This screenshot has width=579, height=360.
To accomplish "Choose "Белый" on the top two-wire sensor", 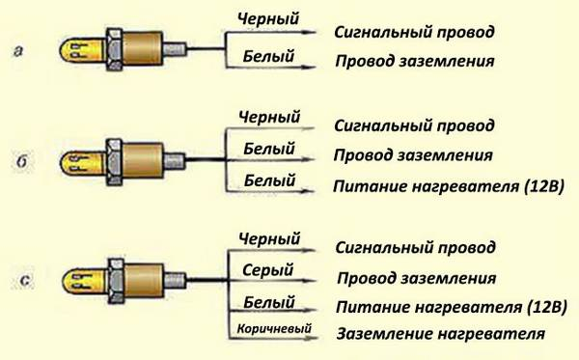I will point(267,57).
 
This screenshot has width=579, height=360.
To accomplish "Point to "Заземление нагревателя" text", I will point(441,335).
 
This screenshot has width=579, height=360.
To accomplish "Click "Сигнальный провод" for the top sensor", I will point(414,32).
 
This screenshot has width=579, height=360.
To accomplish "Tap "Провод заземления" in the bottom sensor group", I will point(416,278).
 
